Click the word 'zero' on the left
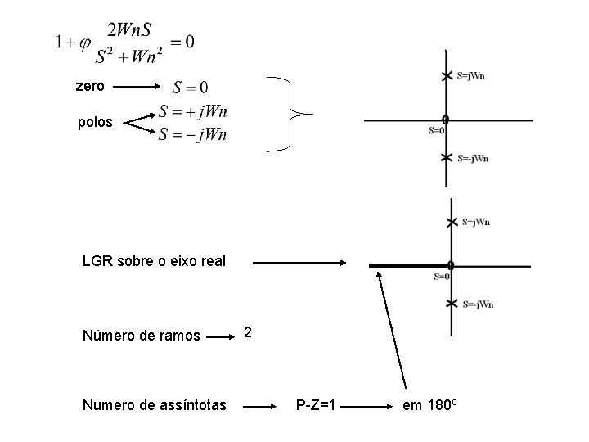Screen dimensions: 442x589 [x=89, y=85]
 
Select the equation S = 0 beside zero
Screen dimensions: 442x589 [x=190, y=86]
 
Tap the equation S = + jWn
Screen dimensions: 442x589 [x=193, y=111]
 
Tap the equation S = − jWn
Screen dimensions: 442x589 [x=193, y=133]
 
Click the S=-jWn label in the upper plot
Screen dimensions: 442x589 [x=474, y=158]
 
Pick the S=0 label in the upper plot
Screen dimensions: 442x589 [x=437, y=129]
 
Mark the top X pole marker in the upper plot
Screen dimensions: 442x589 [x=445, y=76]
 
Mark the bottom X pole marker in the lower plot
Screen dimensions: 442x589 [x=452, y=304]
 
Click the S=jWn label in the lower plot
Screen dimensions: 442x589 [x=476, y=221]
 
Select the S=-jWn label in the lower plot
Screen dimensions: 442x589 [x=478, y=304]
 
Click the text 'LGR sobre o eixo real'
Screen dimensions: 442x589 [x=154, y=262]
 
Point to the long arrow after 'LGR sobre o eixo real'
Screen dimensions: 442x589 [x=300, y=263]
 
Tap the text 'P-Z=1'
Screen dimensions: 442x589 [x=317, y=404]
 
